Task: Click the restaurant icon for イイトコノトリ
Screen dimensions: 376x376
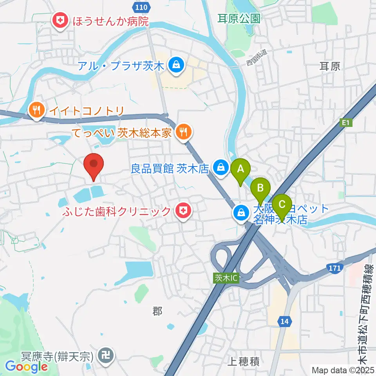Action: [36, 110]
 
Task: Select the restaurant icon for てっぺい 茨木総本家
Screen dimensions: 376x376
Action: [183, 132]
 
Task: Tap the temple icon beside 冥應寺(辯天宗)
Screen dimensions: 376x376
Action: [105, 356]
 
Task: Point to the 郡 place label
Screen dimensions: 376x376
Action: [157, 311]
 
